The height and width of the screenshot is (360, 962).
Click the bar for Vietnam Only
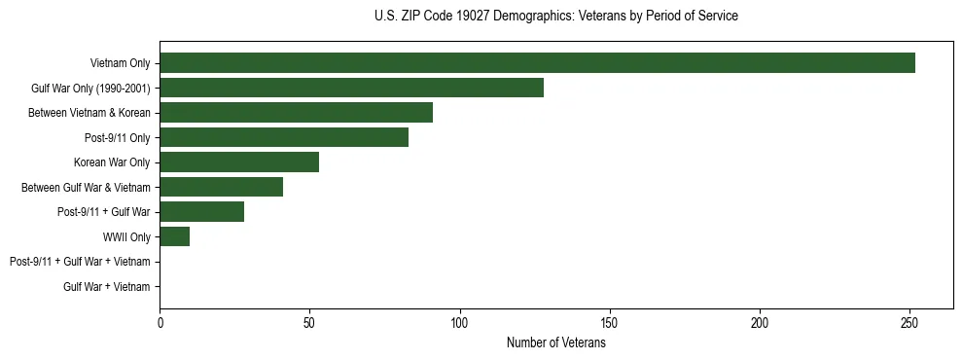pos(537,63)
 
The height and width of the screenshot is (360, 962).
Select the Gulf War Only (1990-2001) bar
pos(351,88)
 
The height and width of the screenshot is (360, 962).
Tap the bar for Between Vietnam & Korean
pos(296,113)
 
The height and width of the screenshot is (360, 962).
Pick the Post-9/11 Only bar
pos(284,137)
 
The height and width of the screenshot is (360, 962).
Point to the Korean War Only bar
pos(239,162)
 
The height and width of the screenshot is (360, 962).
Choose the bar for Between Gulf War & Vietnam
pos(221,187)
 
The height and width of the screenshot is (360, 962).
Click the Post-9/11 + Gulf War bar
pos(201,212)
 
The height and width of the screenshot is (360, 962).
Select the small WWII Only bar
pos(174,236)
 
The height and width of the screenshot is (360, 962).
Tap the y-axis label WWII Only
pos(126,236)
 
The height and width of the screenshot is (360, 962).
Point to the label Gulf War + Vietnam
pos(106,287)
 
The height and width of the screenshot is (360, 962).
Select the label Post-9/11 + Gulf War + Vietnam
pos(80,262)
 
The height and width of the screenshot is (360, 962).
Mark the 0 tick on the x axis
pos(160,322)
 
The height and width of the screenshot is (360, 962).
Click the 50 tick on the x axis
pos(309,322)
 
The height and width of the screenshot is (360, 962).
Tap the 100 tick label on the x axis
pos(459,322)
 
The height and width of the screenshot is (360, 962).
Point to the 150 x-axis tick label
pos(609,322)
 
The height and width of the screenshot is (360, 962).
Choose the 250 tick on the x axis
pos(909,322)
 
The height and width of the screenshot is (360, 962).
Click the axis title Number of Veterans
pos(555,342)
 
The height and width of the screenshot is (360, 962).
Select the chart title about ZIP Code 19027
pos(555,17)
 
